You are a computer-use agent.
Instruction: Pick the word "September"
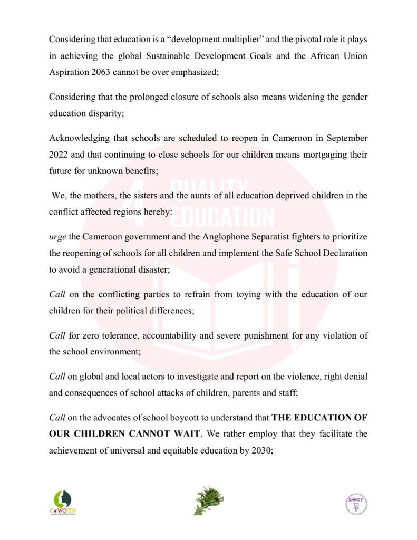click(x=347, y=138)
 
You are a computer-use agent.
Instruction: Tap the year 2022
click(x=59, y=155)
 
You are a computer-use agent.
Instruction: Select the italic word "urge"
click(x=57, y=237)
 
